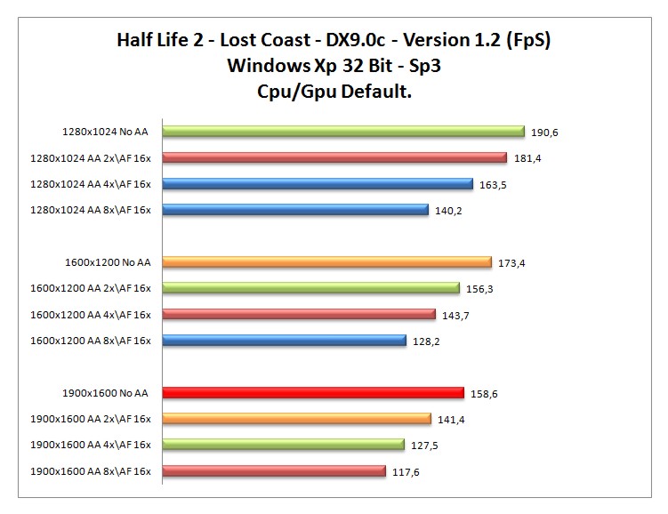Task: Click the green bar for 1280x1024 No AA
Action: [342, 132]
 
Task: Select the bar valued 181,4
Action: [334, 158]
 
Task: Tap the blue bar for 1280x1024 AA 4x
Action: [317, 184]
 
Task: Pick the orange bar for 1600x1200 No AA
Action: [326, 262]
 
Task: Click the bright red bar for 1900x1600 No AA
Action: [312, 393]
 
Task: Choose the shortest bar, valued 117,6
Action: [272, 471]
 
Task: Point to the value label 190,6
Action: [544, 133]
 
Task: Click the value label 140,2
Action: [448, 211]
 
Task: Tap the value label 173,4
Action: [511, 263]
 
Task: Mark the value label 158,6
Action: [484, 393]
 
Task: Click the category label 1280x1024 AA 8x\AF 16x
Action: [91, 211]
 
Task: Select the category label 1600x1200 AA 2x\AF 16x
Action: [91, 289]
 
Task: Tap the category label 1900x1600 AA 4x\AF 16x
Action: [91, 446]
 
